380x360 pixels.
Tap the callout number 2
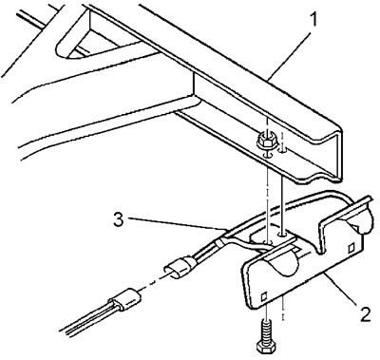click(365, 313)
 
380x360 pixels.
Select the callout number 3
click(119, 220)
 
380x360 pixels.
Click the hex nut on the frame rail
click(266, 141)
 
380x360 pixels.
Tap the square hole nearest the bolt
click(263, 297)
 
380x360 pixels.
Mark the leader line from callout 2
click(340, 288)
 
